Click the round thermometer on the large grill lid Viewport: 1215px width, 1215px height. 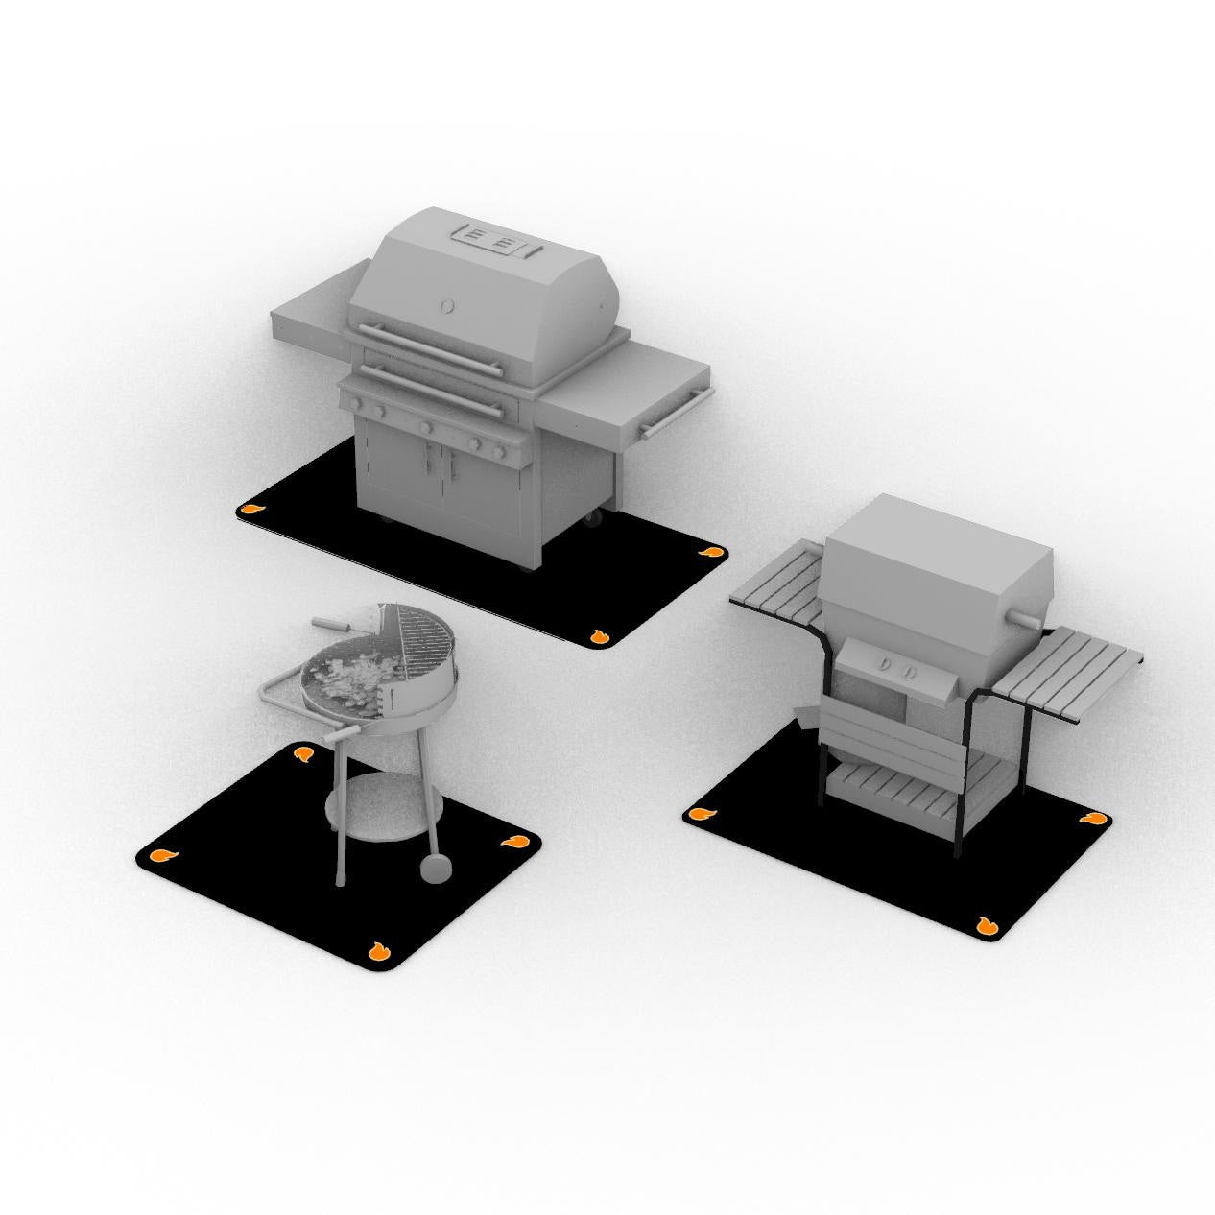[447, 306]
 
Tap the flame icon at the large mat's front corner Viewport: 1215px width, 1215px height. [598, 636]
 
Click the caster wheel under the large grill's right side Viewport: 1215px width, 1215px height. [594, 519]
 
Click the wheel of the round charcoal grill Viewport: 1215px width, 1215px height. [436, 866]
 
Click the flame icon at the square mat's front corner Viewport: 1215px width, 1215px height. [378, 952]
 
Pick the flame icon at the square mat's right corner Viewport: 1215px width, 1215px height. [512, 842]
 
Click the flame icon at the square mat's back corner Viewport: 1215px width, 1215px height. [304, 753]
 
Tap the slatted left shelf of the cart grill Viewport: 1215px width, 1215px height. [775, 581]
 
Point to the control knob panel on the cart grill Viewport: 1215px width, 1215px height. [895, 665]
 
